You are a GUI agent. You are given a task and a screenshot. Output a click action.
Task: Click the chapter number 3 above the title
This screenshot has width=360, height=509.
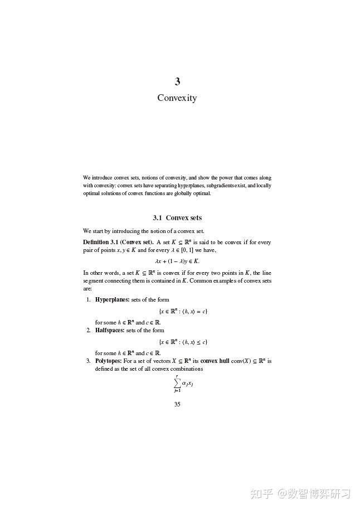(177, 82)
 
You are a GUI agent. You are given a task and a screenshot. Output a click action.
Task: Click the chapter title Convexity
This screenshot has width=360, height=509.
(177, 98)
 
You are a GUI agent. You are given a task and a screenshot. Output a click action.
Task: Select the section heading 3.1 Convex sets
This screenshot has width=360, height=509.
(177, 218)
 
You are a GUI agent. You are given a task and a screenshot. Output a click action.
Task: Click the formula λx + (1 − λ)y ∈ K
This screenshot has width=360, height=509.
(177, 261)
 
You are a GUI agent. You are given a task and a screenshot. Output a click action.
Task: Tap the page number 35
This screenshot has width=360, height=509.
(177, 405)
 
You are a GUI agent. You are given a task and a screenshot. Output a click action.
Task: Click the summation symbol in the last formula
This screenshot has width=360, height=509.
(177, 384)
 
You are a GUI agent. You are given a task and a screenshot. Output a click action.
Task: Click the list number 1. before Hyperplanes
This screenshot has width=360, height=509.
(88, 300)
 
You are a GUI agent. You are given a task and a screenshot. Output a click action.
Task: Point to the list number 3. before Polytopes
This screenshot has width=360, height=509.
(88, 361)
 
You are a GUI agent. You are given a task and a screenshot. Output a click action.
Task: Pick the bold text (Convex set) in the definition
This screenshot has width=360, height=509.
(137, 243)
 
